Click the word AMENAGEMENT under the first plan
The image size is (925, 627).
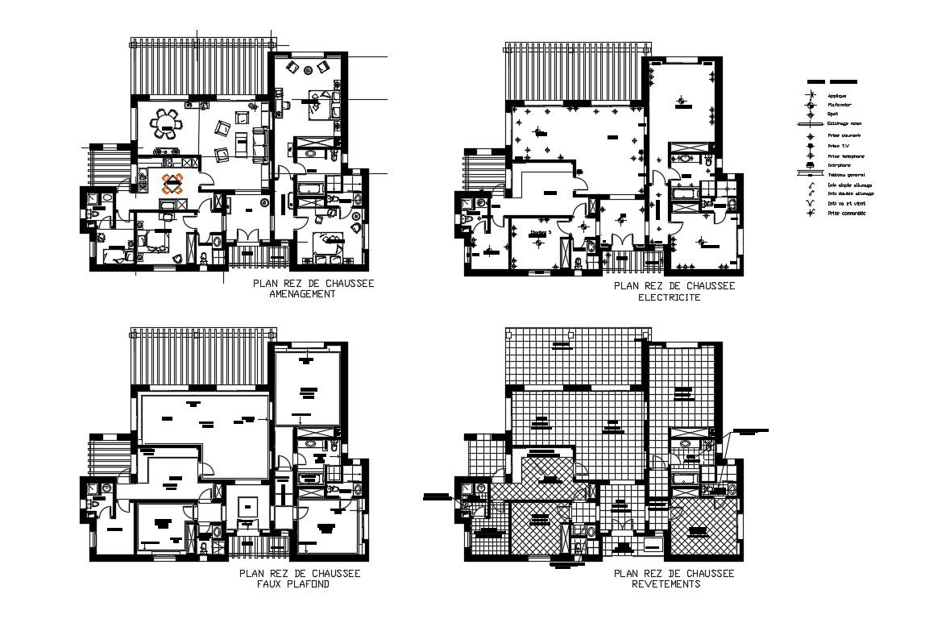tap(302, 295)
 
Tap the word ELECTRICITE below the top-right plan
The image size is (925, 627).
tap(669, 297)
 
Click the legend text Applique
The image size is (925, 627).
tap(837, 95)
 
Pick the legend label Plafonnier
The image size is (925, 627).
tap(840, 105)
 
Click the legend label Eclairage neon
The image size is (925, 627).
tap(844, 124)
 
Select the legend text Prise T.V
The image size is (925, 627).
tap(836, 145)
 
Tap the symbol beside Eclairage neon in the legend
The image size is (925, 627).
tap(810, 124)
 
